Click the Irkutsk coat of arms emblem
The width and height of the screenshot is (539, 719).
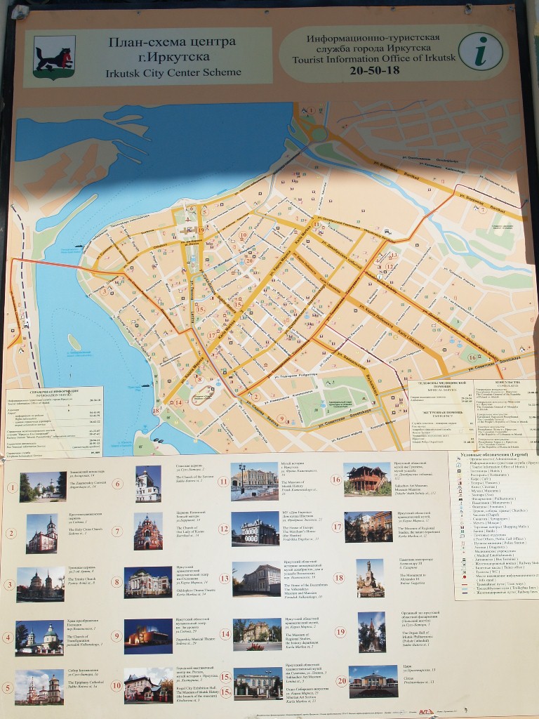(54, 57)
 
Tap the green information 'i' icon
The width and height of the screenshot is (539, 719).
(481, 53)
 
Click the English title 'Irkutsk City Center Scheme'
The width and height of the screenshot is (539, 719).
(173, 72)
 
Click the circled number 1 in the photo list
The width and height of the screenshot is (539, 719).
(11, 487)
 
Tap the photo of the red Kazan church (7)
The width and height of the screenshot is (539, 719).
(148, 532)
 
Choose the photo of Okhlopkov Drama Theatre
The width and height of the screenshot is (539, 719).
(148, 582)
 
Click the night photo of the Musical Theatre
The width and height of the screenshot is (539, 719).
(148, 637)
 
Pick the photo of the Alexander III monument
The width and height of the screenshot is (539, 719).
(370, 578)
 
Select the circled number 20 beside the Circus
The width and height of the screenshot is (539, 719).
(341, 680)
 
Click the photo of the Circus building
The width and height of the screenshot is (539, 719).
(373, 681)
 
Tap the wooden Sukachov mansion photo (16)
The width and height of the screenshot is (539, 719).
(366, 480)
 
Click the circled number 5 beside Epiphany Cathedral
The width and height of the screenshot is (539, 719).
(9, 687)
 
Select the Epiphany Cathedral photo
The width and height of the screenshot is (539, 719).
(39, 687)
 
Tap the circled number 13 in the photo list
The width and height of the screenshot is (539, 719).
(225, 579)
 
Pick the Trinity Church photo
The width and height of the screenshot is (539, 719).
(40, 584)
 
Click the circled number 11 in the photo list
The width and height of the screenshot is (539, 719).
(223, 482)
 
